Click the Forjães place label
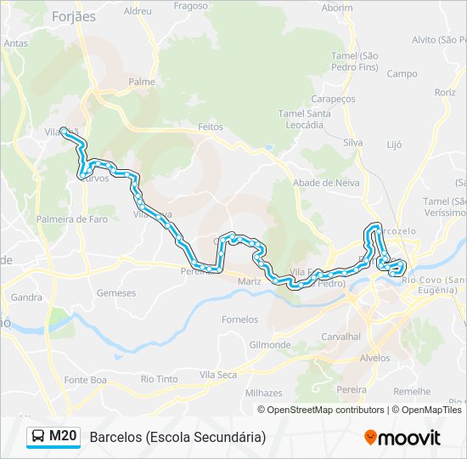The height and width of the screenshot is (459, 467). click(x=74, y=16)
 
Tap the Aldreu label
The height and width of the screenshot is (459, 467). click(x=138, y=11)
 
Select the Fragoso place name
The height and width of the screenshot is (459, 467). click(x=190, y=5)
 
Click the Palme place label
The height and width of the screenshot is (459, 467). click(x=141, y=82)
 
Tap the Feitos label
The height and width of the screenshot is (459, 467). click(x=210, y=127)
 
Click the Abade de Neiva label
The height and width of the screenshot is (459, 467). click(x=326, y=183)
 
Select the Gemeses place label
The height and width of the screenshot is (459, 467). click(x=116, y=293)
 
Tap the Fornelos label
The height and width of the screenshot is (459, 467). click(x=239, y=320)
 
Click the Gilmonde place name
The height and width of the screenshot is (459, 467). click(x=270, y=344)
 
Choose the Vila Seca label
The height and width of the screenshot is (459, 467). click(x=218, y=374)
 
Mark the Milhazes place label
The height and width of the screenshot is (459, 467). click(x=263, y=394)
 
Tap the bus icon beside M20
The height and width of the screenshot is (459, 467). click(x=38, y=437)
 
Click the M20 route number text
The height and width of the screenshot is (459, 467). click(x=63, y=437)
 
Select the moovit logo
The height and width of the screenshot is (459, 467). click(x=402, y=438)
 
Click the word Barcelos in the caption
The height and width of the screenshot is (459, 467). click(x=115, y=437)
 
